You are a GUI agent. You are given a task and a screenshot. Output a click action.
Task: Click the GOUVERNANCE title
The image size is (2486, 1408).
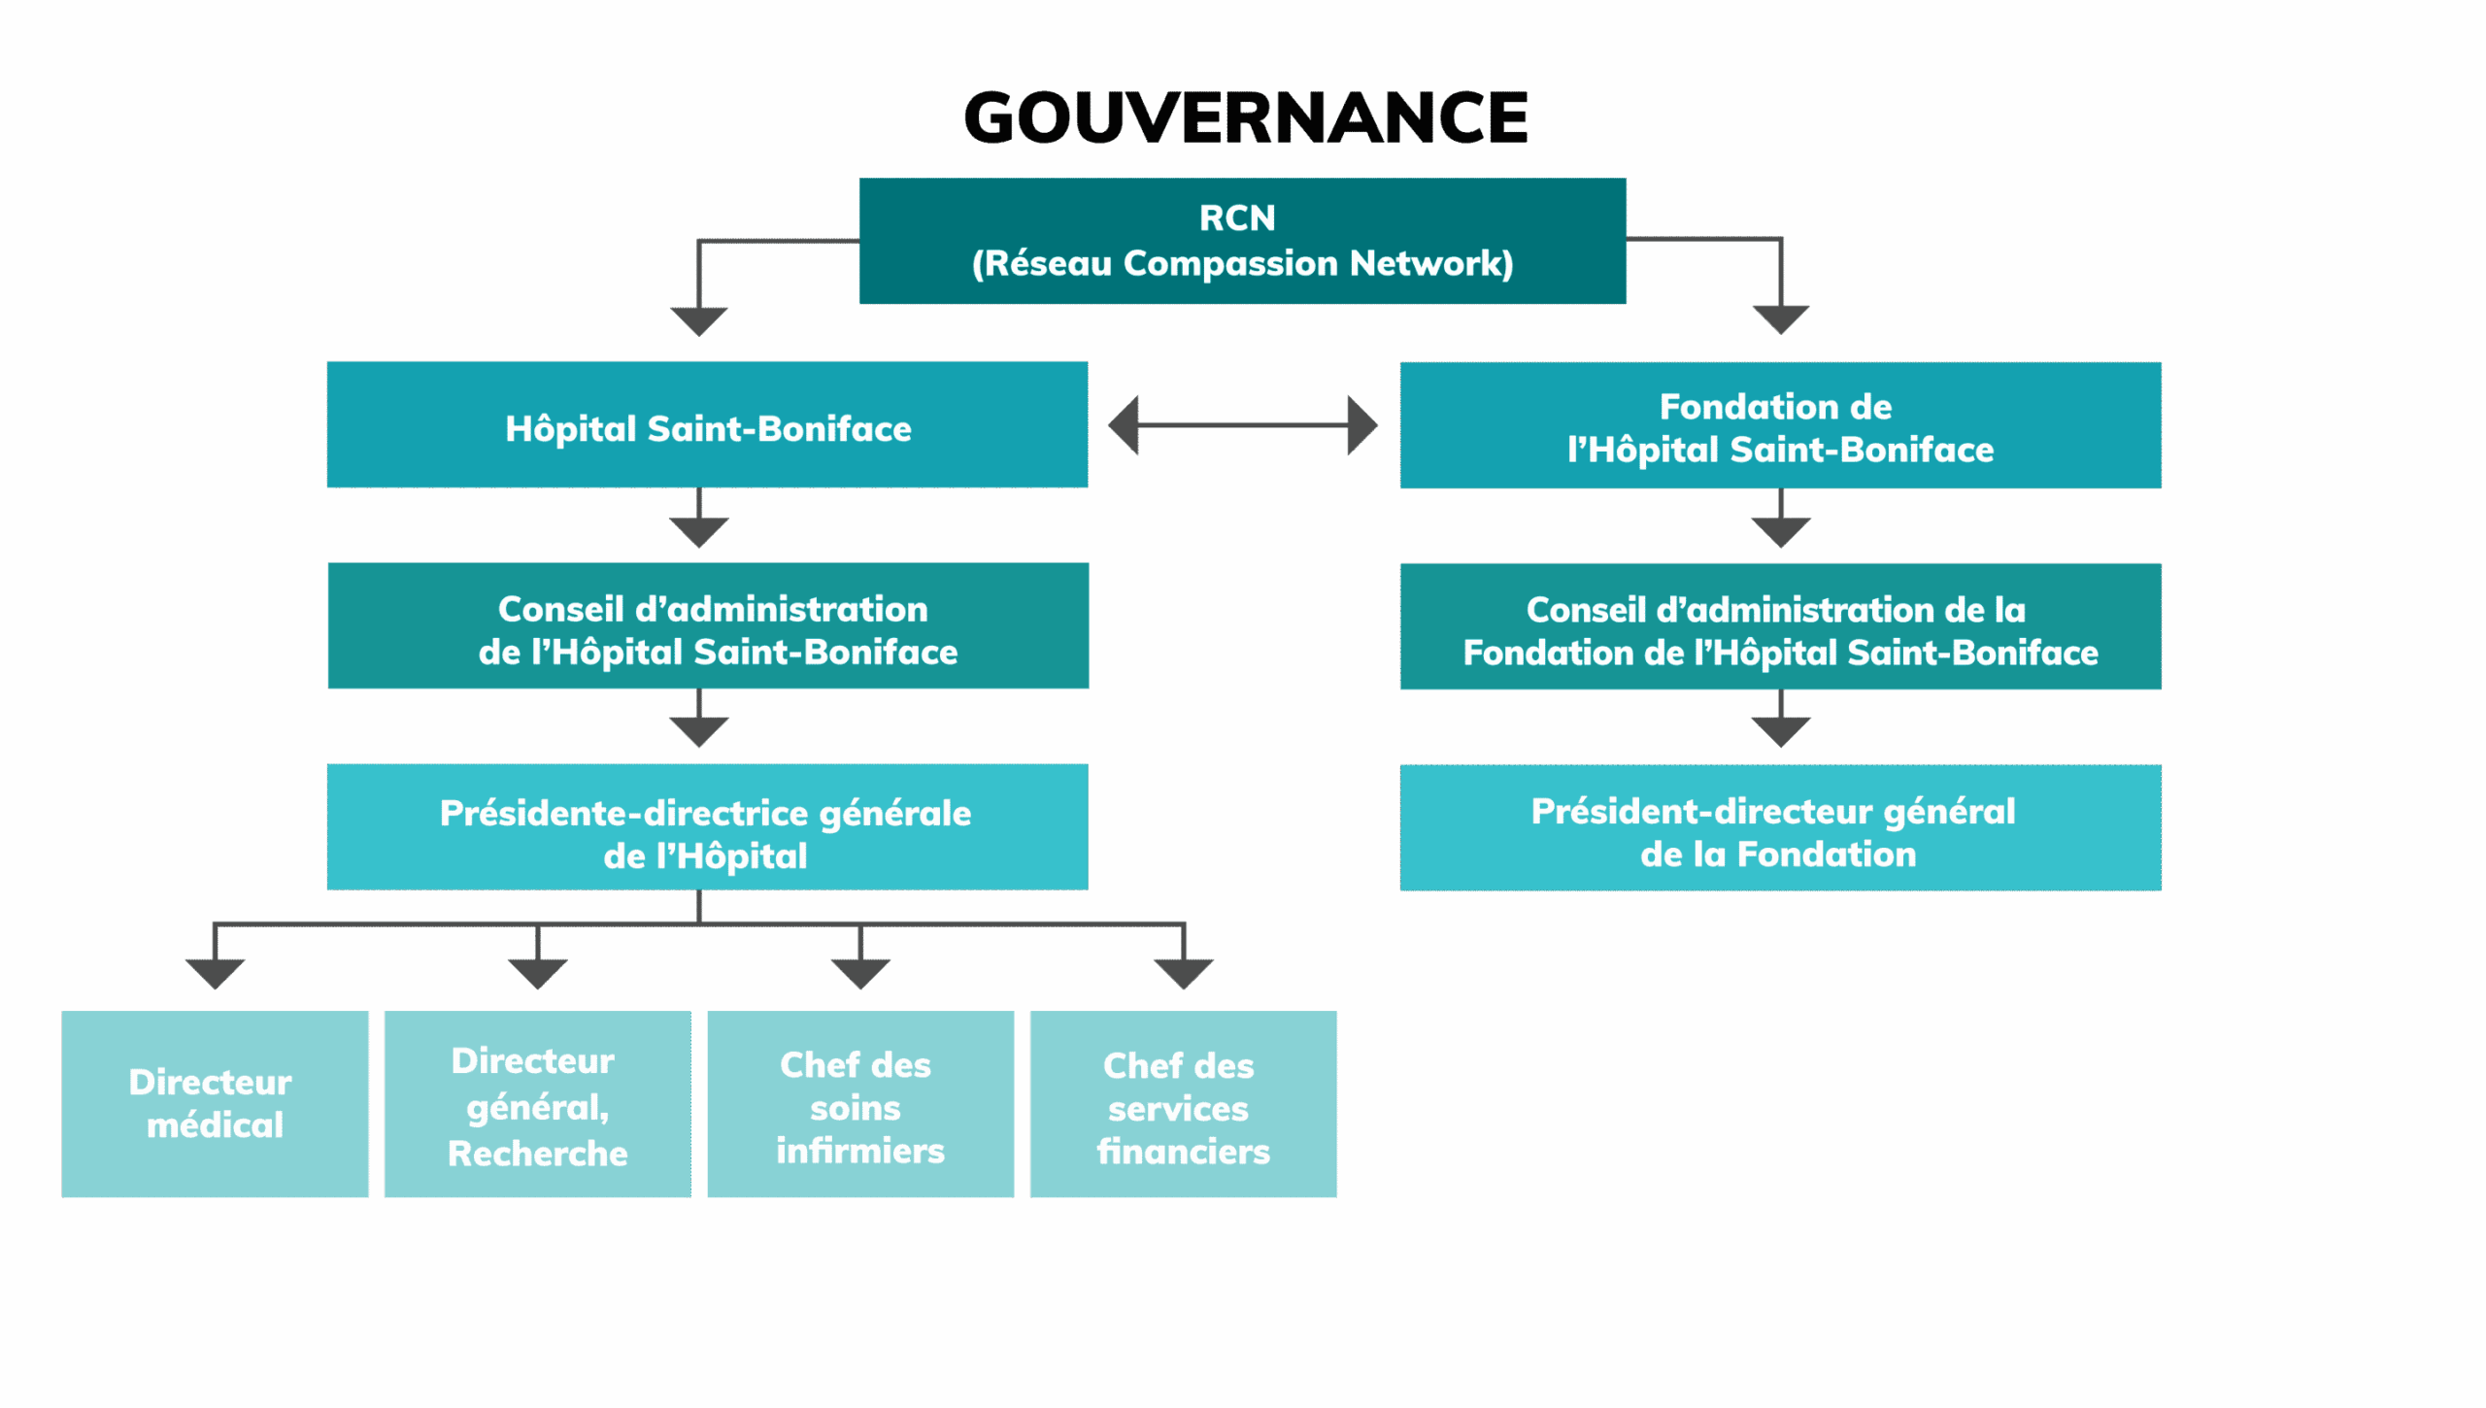1245,117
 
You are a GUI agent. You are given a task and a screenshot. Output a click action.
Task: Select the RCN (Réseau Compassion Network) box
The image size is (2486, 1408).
1242,241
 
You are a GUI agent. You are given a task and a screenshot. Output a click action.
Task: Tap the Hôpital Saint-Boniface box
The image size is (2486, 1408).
707,425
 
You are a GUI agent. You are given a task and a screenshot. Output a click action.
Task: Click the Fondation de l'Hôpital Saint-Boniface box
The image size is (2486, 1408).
1780,425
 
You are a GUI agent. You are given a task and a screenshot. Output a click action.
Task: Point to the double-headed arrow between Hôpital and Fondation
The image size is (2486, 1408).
1243,425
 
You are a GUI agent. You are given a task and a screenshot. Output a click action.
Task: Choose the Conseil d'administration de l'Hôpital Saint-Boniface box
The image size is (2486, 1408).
707,626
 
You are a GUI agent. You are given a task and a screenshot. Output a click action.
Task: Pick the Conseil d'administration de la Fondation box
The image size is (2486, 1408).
1780,627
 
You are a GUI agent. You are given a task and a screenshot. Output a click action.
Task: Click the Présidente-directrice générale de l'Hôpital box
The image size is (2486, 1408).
707,827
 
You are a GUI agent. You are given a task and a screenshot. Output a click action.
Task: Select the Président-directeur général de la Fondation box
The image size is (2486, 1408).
1780,828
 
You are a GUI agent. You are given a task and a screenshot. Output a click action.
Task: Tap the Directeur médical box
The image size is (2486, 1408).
215,1104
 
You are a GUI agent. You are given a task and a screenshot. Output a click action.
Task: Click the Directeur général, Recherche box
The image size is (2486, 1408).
537,1104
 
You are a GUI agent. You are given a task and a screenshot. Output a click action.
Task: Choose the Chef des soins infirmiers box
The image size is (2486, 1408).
859,1104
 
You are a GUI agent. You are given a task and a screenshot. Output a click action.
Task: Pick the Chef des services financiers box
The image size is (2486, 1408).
1183,1104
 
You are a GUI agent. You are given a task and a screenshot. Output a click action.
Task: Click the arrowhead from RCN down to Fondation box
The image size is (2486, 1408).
1780,319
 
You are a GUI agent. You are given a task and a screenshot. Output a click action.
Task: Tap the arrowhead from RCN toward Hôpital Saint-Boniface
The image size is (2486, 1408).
698,320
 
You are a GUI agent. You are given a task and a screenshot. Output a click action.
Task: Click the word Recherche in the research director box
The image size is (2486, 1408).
537,1154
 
